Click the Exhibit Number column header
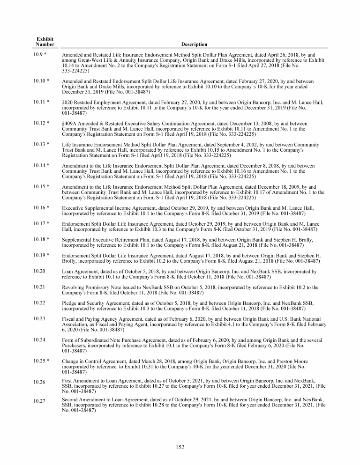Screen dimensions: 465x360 (45, 41)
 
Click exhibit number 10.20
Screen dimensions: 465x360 (39, 271)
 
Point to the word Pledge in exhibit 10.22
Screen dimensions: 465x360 (69, 303)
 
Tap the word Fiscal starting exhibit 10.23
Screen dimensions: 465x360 (68, 319)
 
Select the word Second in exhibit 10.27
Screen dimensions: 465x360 (70, 400)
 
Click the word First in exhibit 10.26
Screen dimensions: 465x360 (67, 381)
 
